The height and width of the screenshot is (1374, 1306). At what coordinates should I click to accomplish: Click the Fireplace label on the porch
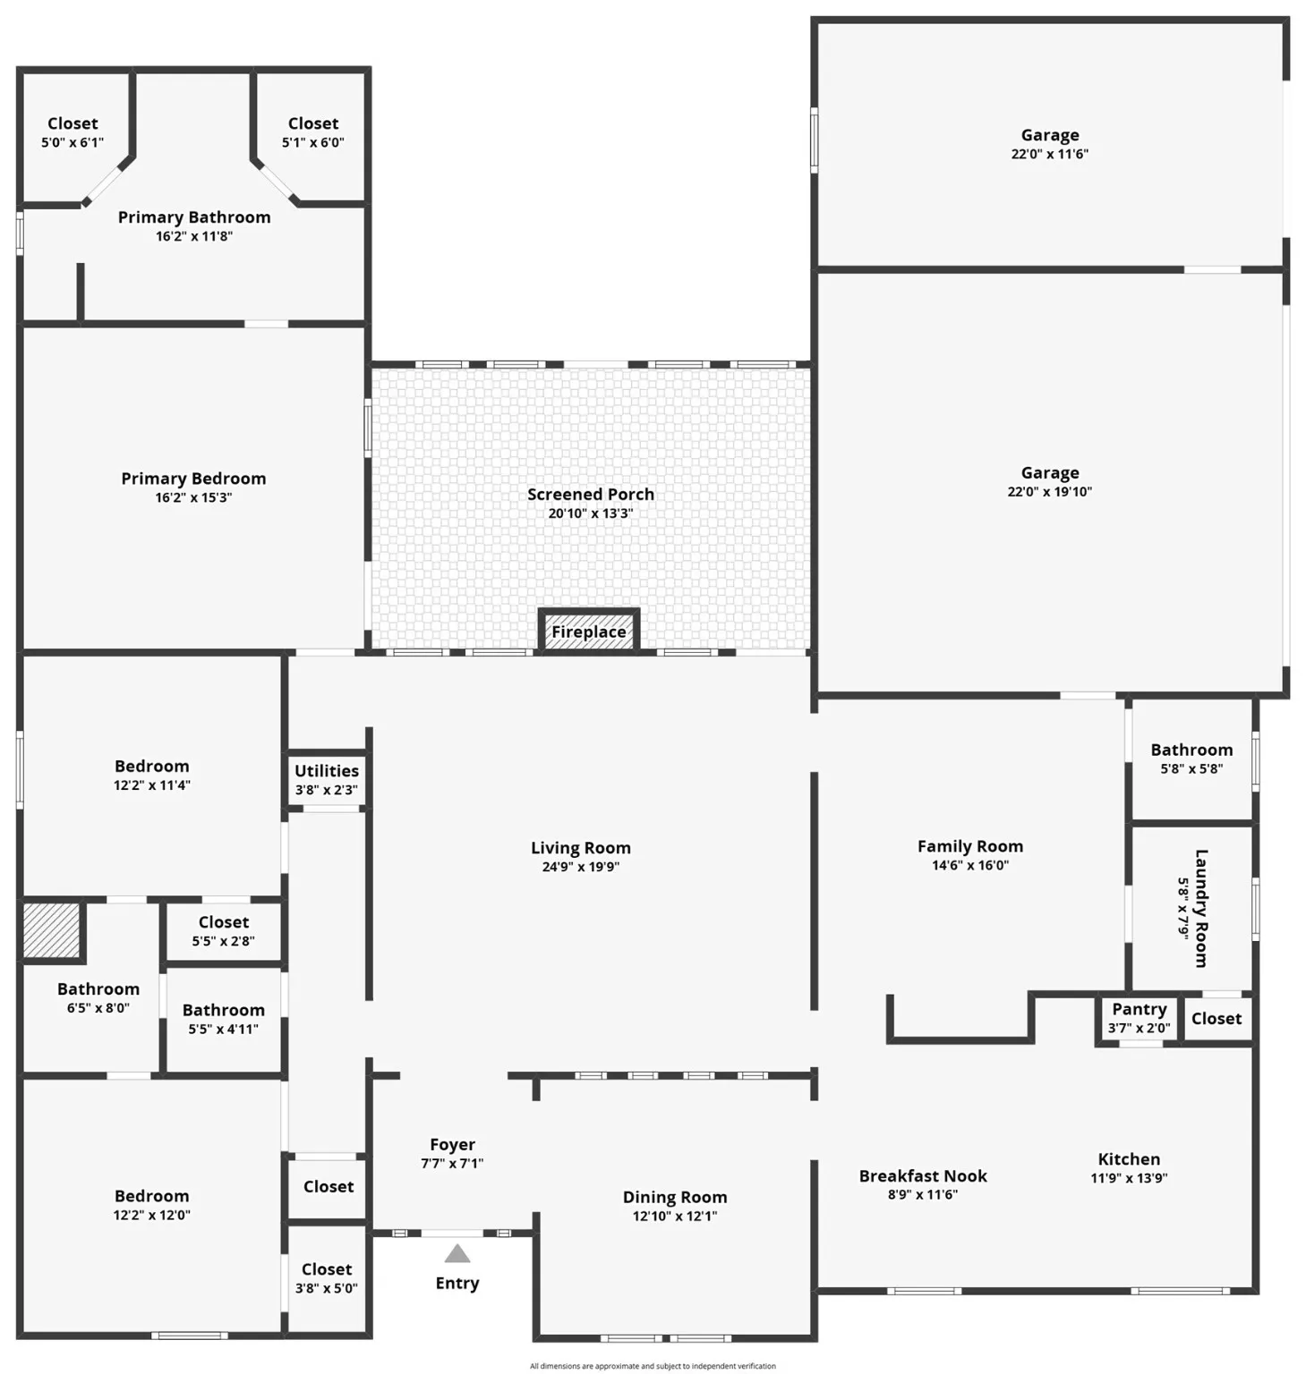pos(588,632)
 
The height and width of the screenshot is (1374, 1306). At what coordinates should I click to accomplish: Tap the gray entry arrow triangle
pos(457,1253)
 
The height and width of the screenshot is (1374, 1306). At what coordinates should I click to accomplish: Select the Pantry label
pos(1139,1009)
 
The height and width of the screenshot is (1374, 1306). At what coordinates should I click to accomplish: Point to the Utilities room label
pos(327,770)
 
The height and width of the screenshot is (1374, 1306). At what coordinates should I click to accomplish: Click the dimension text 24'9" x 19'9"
pos(580,867)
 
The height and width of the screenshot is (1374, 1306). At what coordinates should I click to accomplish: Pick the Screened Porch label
pos(590,494)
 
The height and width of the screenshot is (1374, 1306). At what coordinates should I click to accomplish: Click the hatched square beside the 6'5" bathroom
pos(51,930)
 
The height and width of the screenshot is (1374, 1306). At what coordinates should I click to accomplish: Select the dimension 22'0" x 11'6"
pos(1049,154)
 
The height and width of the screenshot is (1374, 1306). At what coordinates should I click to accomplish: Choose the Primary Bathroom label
pos(194,217)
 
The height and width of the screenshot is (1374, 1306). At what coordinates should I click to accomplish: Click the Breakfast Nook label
pos(922,1175)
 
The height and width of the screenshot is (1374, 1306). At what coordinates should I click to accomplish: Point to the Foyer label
pos(452,1144)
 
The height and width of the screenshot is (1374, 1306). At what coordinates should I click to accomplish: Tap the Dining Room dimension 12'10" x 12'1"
pos(674,1216)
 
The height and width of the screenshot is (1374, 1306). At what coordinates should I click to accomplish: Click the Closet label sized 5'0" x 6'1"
pos(73,123)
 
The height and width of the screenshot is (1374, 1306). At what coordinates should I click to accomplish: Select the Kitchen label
pos(1129,1158)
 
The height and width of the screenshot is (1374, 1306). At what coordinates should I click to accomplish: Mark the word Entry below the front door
pos(457,1283)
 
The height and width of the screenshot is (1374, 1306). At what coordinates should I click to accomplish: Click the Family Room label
pos(969,845)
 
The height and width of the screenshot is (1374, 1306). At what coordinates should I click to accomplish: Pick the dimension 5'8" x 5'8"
pos(1191,768)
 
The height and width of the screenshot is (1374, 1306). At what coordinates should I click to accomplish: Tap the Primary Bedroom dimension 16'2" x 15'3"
pos(193,497)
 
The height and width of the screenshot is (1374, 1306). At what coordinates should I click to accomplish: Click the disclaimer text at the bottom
pos(653,1366)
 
